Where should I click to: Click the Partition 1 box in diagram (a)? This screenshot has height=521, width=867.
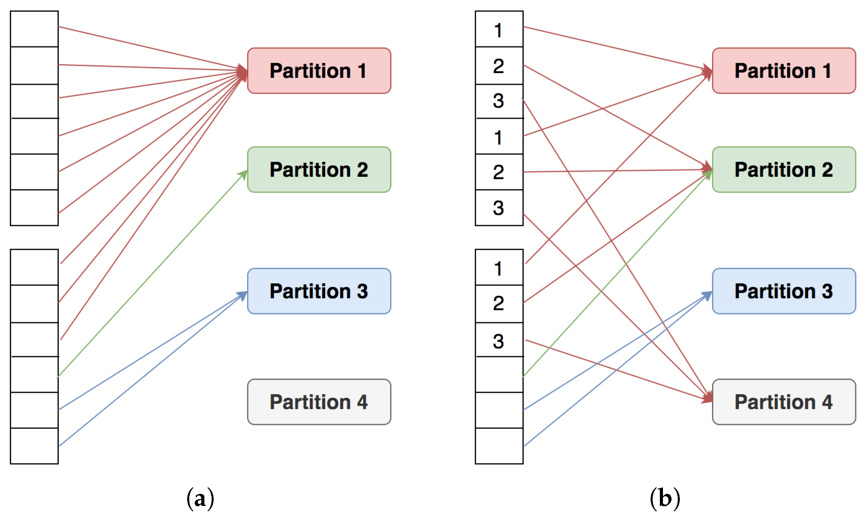pos(319,71)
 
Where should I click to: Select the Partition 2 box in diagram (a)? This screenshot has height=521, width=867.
pos(319,170)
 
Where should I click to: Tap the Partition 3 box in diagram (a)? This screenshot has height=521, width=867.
pos(319,291)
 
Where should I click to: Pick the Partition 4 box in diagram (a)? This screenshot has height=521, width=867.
pos(319,402)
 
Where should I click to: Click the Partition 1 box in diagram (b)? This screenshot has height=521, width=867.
pos(784,71)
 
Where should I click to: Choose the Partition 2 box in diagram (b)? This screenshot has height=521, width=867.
pos(784,170)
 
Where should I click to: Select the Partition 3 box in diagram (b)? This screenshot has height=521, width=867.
pos(784,291)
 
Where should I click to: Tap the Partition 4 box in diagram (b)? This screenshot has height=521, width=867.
pos(784,402)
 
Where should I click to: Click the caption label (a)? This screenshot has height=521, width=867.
pos(200,499)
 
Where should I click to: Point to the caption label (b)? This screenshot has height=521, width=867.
pos(665,499)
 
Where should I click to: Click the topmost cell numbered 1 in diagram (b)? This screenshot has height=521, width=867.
pos(498,30)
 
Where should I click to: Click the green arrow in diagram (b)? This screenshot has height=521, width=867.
pos(615,276)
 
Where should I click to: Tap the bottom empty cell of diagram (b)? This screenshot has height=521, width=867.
pos(498,445)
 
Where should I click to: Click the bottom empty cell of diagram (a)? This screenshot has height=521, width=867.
pos(34,445)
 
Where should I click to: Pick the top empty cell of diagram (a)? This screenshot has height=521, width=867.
pos(34,29)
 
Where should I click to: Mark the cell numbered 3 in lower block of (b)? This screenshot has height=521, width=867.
pos(498,340)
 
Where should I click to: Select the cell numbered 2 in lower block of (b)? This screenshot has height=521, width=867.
pos(498,303)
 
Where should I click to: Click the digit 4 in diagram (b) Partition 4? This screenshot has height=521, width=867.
pos(827,402)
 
